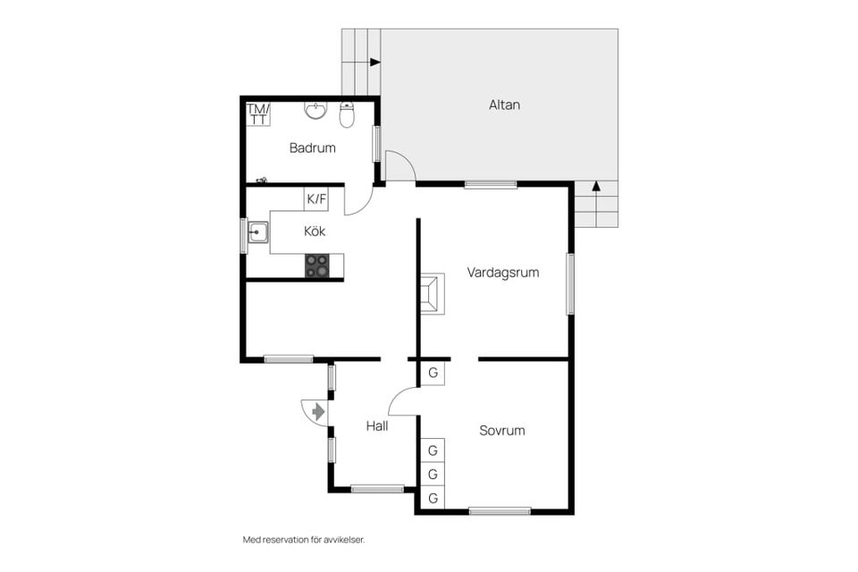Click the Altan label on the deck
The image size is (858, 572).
504,105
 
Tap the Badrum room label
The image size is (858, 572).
312,147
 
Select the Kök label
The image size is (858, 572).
315,231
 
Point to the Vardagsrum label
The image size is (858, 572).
503,273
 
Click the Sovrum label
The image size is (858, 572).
501,430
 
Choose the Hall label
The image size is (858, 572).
376,426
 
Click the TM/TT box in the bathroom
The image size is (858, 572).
258,114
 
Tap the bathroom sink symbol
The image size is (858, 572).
315,110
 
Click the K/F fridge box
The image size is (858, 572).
315,199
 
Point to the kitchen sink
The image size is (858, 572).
257,234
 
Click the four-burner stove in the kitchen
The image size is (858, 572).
317,265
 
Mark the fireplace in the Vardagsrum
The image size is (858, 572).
432,293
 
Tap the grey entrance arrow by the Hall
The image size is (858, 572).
318,411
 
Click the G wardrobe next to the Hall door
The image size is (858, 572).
433,373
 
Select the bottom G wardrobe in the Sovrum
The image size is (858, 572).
433,498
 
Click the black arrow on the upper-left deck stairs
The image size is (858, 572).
374,63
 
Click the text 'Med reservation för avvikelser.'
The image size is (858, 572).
304,540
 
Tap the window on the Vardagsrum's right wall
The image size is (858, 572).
570,284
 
